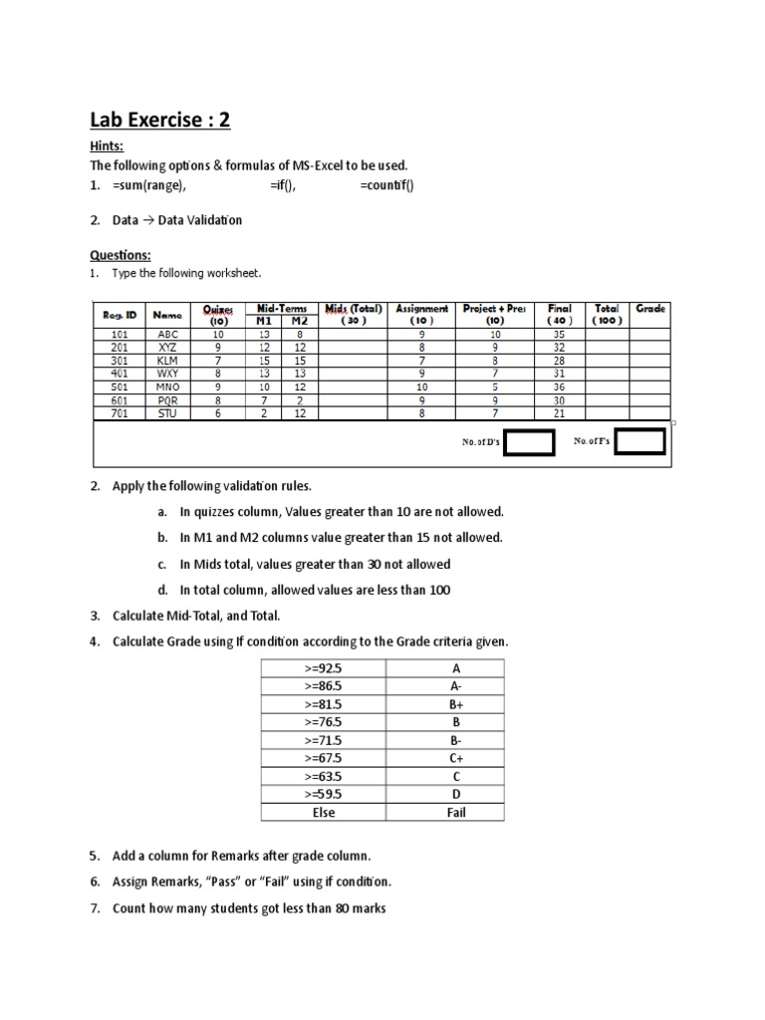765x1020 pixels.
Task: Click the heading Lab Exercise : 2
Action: coord(160,121)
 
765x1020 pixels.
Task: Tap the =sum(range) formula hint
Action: coord(149,186)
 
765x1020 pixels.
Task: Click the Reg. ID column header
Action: coord(119,315)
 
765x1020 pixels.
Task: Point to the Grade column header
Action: coord(649,309)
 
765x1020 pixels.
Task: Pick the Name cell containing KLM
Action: coord(167,361)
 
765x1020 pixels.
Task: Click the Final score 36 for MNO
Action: coord(559,386)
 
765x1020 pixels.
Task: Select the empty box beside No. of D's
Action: coord(528,441)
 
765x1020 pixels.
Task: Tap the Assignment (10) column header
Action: coord(421,315)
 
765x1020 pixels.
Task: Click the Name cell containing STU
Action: coord(167,413)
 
